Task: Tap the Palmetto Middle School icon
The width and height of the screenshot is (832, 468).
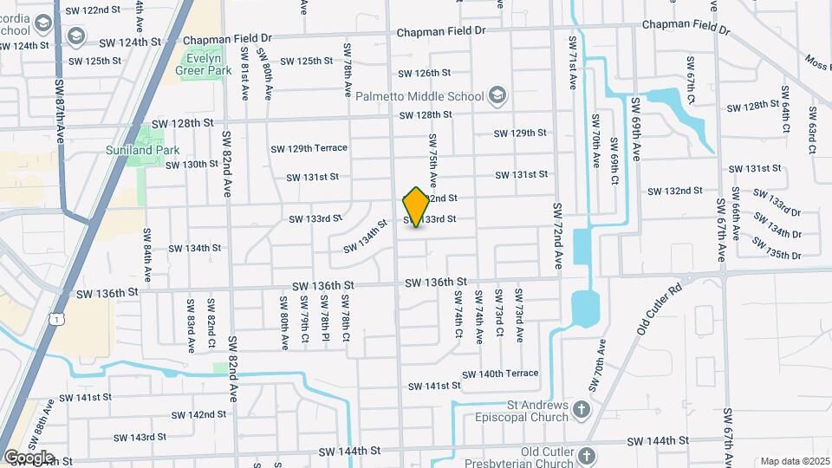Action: (x=497, y=93)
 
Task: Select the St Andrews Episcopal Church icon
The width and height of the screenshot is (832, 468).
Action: (x=581, y=408)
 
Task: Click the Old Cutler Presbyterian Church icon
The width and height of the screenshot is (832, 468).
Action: (x=587, y=455)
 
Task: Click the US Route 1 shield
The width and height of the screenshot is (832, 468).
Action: (x=57, y=320)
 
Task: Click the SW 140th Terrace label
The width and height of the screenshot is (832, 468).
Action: (x=500, y=374)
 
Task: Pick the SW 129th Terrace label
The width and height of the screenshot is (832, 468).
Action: (x=309, y=148)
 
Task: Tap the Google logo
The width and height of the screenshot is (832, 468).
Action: (x=28, y=457)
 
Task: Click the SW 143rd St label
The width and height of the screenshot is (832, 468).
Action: (x=142, y=437)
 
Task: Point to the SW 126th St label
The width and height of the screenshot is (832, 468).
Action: (x=426, y=74)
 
